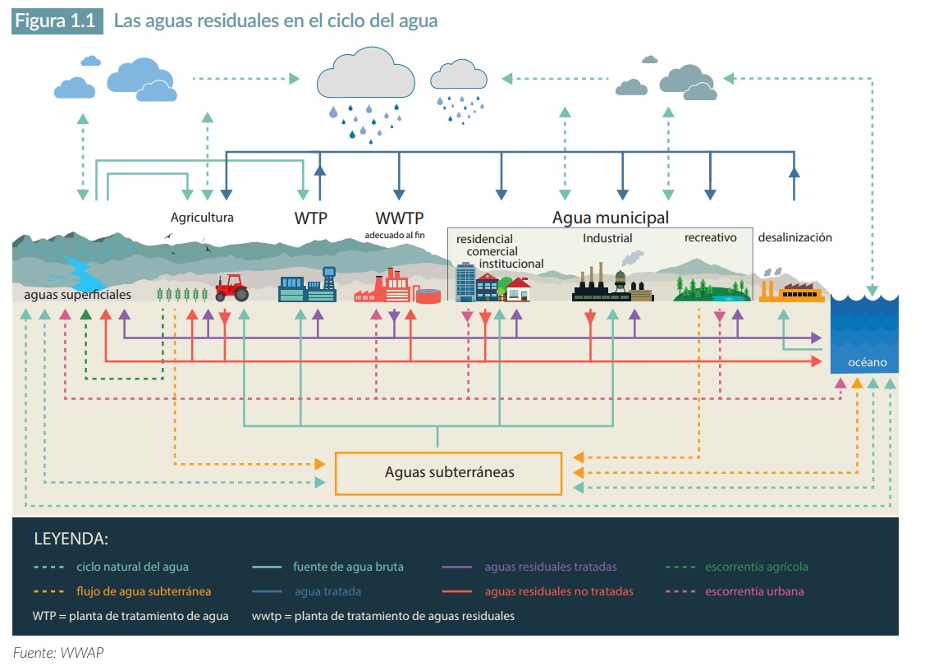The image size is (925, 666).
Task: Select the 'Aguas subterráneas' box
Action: [449, 472]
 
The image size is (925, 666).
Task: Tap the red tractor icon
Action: [231, 288]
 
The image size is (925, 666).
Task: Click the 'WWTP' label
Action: [399, 218]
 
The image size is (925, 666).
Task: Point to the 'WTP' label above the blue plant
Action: [311, 218]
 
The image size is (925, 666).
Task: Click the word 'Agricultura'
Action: [202, 218]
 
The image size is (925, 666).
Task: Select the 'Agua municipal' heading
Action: [610, 218]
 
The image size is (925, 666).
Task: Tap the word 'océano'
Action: [867, 362]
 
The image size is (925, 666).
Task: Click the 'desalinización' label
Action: [794, 237]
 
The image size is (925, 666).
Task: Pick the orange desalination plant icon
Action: [791, 290]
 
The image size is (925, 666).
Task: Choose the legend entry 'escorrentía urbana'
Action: [754, 591]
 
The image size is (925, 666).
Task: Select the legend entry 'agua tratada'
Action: [327, 591]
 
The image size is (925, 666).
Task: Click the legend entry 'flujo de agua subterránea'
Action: [144, 591]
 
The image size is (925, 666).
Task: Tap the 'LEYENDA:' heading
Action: [71, 540]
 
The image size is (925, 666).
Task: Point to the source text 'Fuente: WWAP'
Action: [58, 653]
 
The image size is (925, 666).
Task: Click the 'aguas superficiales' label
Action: [77, 294]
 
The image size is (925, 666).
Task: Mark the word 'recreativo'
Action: [710, 238]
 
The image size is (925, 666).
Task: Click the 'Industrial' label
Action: [607, 238]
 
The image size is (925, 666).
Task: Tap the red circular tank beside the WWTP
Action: [428, 296]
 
